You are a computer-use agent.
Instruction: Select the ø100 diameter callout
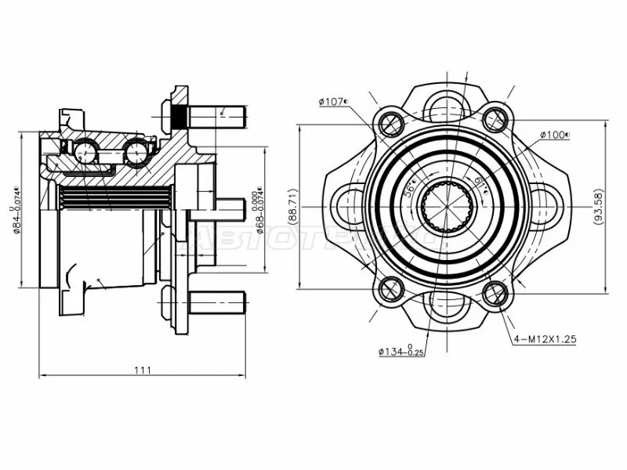pos(554,136)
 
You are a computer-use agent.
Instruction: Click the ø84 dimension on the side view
pos(16,210)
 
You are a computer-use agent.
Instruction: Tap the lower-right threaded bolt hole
pos(495,295)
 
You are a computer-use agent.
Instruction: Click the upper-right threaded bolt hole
pos(495,119)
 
